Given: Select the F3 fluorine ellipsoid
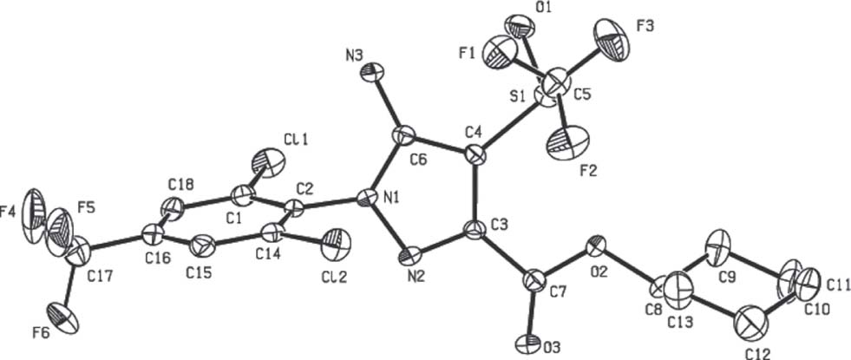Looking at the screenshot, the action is [x=614, y=37].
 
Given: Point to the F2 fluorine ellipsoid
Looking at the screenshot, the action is [x=567, y=143].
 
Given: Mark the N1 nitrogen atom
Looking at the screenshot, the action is [x=366, y=198].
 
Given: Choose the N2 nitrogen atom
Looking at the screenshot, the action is [x=412, y=255].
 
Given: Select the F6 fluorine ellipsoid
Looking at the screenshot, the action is [x=62, y=317].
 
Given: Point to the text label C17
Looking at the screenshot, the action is [x=99, y=277].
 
